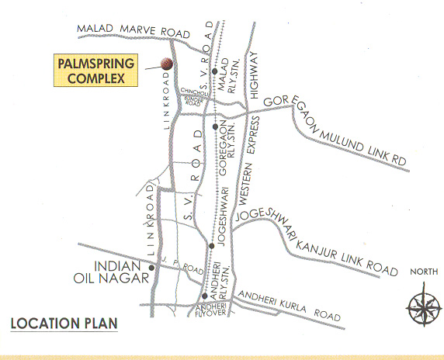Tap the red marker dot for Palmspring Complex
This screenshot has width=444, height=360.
[165, 64]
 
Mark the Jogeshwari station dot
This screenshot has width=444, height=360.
[211, 245]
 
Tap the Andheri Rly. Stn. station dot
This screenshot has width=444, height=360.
[203, 296]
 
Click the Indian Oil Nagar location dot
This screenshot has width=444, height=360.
[152, 268]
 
